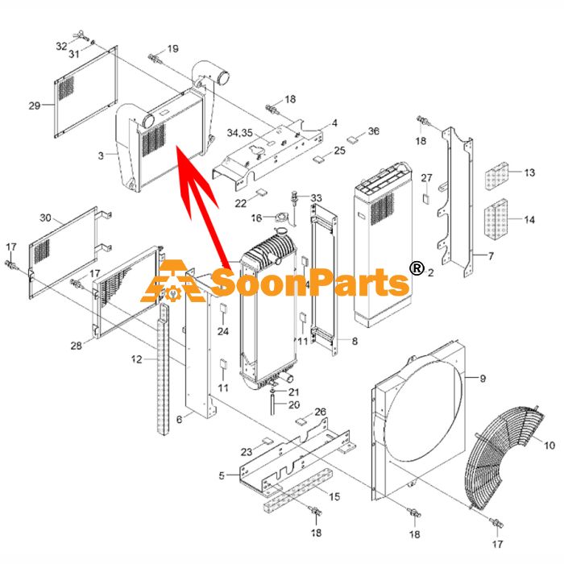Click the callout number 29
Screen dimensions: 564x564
point(35,106)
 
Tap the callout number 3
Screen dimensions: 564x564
point(101,156)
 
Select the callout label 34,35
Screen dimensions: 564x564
point(239,133)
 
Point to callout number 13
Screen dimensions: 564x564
point(529,172)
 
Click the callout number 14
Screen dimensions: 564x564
point(529,219)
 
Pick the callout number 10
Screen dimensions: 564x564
point(549,446)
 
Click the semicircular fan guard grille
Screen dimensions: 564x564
point(504,457)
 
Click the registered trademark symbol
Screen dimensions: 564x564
point(417,268)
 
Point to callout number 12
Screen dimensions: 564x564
point(137,359)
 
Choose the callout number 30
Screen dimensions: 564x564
point(45,218)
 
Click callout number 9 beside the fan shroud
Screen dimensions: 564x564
point(483,378)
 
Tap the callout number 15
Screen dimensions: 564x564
point(334,497)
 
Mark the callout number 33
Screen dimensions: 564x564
point(316,198)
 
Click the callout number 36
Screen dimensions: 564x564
point(373,131)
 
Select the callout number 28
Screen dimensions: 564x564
point(77,346)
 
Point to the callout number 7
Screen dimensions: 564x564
point(491,256)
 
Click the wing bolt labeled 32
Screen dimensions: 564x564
point(78,35)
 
